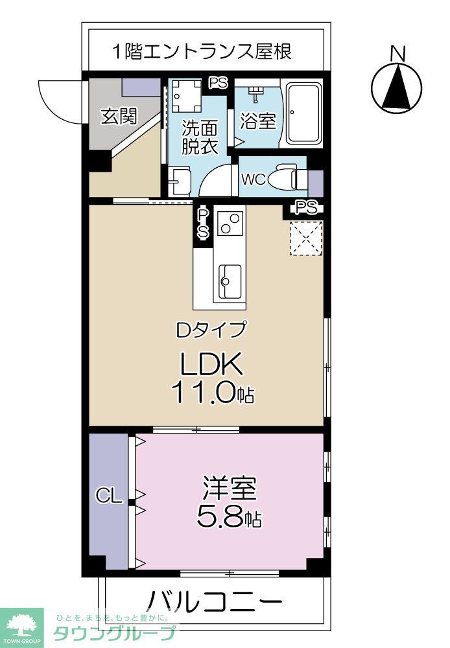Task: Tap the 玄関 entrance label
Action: point(119,117)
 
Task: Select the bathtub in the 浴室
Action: point(303,114)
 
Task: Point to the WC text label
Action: point(253,179)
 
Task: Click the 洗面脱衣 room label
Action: point(198,137)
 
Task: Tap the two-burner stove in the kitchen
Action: point(230,222)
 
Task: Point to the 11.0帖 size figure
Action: point(212,393)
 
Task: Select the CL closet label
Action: point(109,496)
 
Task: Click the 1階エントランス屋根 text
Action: point(200,51)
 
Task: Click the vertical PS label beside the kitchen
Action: point(203,223)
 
